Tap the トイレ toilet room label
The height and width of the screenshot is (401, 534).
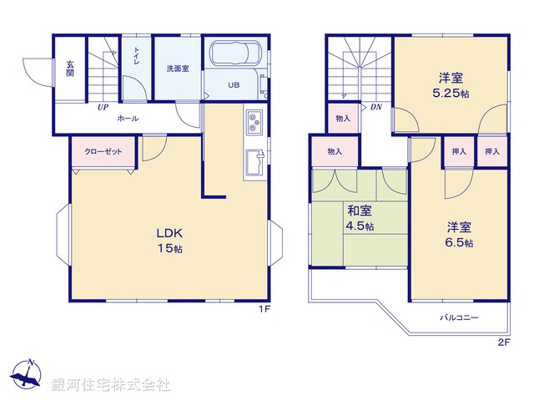point(136,56)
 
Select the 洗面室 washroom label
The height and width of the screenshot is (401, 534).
point(177,69)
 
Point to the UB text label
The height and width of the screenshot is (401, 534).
point(234,84)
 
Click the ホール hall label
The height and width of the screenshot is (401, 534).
point(128,119)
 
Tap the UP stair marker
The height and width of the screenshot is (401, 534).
point(102,108)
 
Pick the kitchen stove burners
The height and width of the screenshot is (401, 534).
point(254,124)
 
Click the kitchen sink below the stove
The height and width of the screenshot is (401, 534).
point(254,160)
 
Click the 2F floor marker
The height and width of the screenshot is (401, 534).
point(503,341)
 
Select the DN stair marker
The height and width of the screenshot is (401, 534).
point(376,107)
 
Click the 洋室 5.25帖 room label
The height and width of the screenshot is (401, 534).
point(450,86)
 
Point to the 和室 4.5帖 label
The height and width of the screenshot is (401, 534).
point(360,219)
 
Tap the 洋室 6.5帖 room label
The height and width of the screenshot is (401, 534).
point(459,235)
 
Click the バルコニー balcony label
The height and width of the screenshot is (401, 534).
point(459,317)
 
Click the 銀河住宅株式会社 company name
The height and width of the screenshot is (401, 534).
point(111,385)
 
